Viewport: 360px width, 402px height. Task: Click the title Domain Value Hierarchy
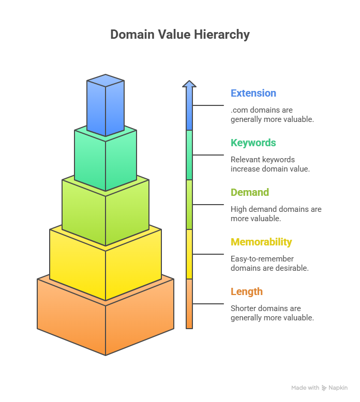pos(180,35)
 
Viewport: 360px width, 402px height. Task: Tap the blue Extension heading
pos(253,94)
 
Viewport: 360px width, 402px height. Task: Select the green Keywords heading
pos(253,143)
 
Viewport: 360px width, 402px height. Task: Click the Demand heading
pos(250,193)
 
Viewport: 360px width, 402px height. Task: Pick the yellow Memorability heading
pos(261,242)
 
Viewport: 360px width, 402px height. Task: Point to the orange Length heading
pos(247,292)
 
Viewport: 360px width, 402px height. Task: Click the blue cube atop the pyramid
pos(106,106)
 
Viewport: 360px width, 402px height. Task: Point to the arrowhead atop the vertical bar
pos(189,84)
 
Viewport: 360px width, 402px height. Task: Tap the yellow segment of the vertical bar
pos(189,254)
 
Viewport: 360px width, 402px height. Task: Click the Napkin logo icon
pos(324,388)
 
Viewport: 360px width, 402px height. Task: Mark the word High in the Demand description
pos(238,209)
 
